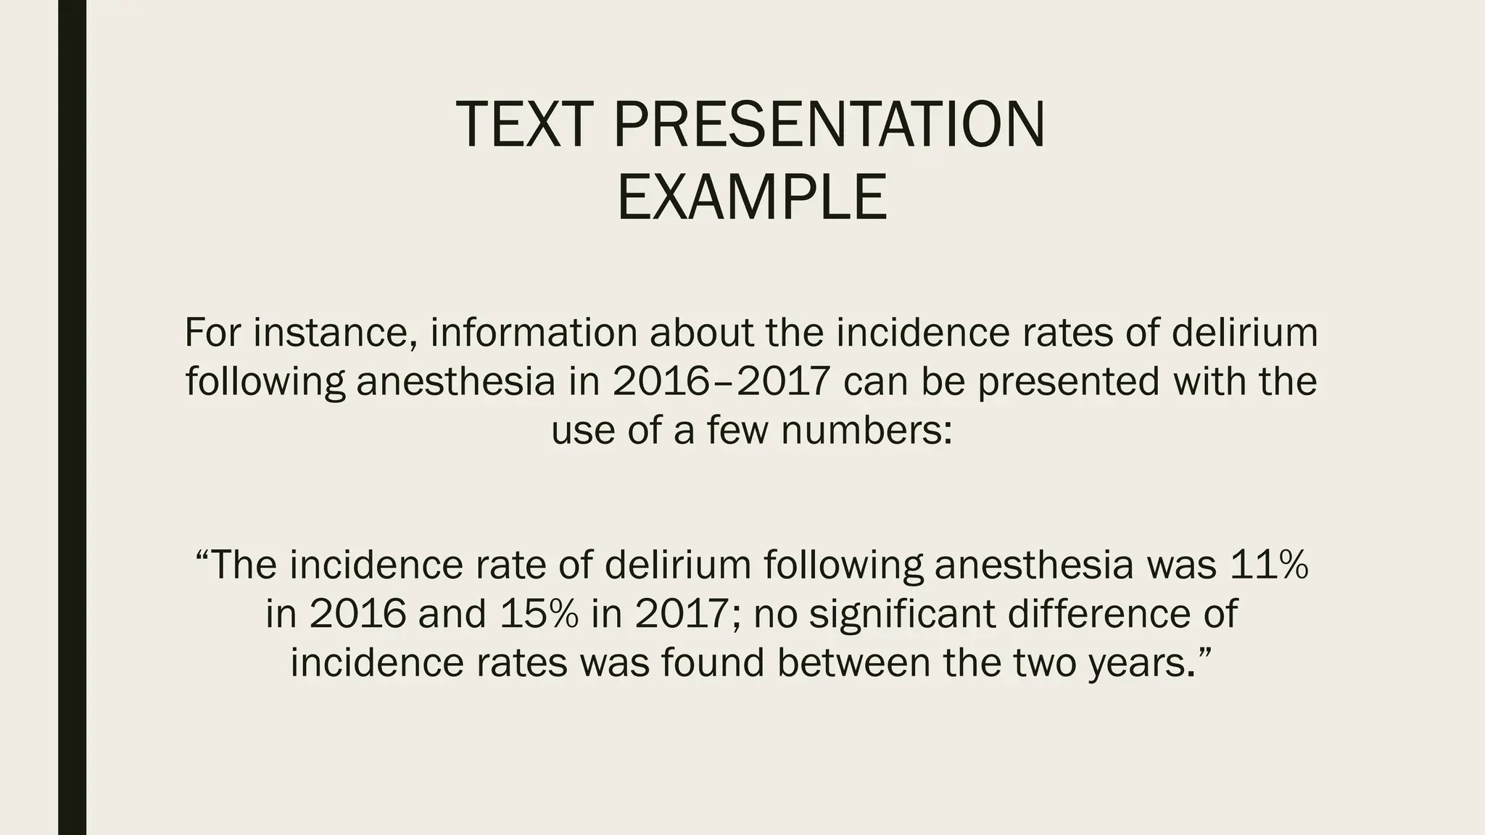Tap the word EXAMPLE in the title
click(x=752, y=197)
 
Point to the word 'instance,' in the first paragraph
click(x=334, y=333)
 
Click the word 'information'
click(x=534, y=333)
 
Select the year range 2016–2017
click(x=721, y=381)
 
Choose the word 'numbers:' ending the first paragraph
click(x=867, y=430)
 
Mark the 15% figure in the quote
click(x=539, y=614)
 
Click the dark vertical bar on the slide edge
click(x=72, y=417)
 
